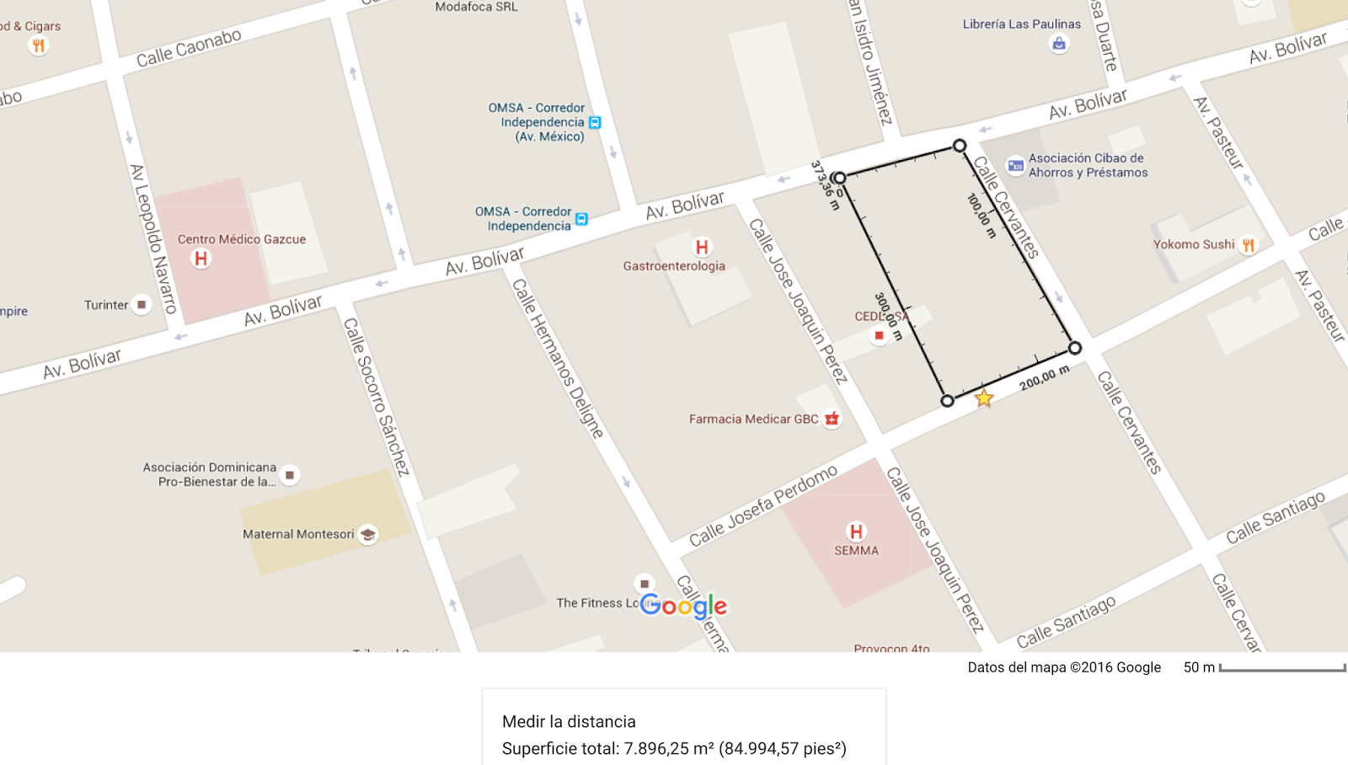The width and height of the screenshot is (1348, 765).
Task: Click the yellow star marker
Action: coord(983,398)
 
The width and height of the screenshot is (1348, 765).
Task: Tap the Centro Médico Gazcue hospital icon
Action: coord(201,259)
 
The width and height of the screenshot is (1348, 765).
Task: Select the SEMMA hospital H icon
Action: coord(856,532)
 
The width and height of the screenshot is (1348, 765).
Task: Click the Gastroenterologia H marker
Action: coord(701,247)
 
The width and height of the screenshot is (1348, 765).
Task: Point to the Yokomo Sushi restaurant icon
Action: coord(1248,245)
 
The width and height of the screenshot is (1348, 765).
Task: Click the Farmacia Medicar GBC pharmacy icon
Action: coord(832,419)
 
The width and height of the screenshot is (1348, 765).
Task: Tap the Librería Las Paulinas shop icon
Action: coord(1059,44)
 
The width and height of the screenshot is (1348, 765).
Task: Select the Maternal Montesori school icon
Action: coord(367,534)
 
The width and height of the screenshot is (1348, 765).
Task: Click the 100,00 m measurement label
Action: coord(982,215)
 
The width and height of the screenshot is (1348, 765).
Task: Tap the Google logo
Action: coord(683,606)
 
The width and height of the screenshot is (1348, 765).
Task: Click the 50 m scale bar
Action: coord(1281,668)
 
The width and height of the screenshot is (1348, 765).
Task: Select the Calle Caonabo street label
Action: coord(189,48)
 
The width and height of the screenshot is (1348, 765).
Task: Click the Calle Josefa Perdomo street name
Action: coord(763,506)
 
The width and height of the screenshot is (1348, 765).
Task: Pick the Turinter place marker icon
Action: coord(142,305)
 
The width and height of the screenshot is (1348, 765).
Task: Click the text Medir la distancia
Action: coord(569,721)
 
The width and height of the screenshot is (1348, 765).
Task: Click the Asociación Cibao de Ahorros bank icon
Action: coord(1015,165)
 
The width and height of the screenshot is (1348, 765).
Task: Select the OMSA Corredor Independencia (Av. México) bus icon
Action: coord(595,123)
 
